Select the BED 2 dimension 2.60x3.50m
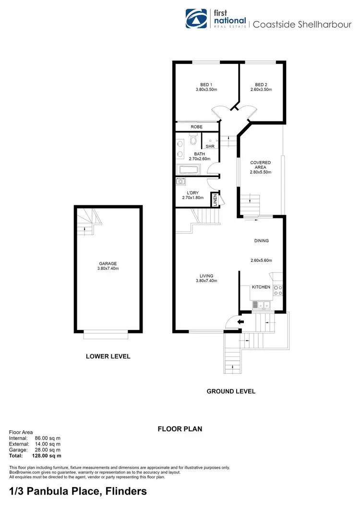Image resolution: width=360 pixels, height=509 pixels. (261, 90)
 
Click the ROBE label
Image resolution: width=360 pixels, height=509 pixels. (196, 127)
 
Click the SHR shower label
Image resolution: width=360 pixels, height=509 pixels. (210, 146)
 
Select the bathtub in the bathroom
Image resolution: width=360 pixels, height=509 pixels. (188, 170)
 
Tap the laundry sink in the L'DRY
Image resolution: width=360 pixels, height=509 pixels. (180, 181)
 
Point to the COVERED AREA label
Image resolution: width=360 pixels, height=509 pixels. (261, 166)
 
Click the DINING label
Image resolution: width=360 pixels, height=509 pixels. (261, 241)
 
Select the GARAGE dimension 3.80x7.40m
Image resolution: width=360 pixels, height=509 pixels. (108, 269)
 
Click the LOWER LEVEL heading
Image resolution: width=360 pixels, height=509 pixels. (108, 356)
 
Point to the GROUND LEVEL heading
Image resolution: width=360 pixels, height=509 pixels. (231, 391)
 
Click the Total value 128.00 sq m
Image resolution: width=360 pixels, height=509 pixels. (47, 456)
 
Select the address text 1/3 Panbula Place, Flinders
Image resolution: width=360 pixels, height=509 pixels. (78, 492)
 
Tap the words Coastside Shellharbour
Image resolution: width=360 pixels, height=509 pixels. (302, 24)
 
